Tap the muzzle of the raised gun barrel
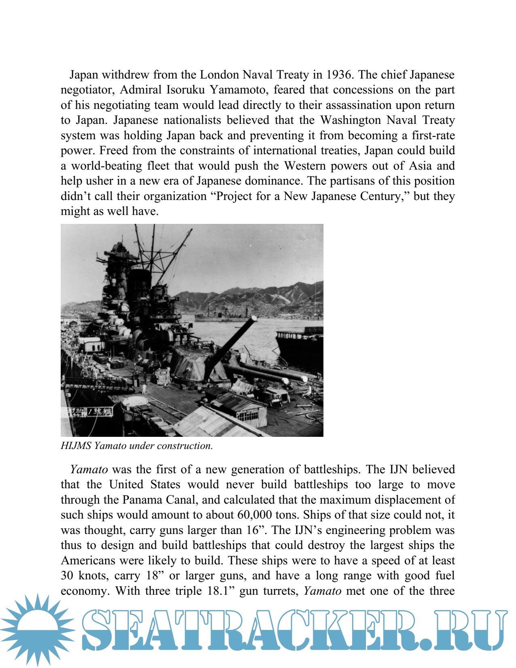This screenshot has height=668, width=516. pos(253,319)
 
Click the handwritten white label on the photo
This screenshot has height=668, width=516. pos(87,412)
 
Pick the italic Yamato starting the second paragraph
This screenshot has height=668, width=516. pos(89,470)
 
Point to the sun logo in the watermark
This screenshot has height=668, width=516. pos(37,630)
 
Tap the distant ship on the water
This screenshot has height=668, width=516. pos(221,316)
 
